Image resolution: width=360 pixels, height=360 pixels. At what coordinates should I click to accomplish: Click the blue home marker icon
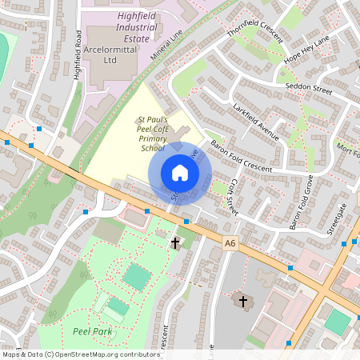180,173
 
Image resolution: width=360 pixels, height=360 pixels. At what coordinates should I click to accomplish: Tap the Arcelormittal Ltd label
111,54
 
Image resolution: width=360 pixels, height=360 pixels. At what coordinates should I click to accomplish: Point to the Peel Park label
92,330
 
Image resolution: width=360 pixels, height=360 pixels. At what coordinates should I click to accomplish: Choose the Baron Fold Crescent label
241,158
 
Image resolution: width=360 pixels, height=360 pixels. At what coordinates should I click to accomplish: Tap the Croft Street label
230,197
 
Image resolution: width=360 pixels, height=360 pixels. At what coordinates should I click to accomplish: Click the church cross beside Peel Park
175,242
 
